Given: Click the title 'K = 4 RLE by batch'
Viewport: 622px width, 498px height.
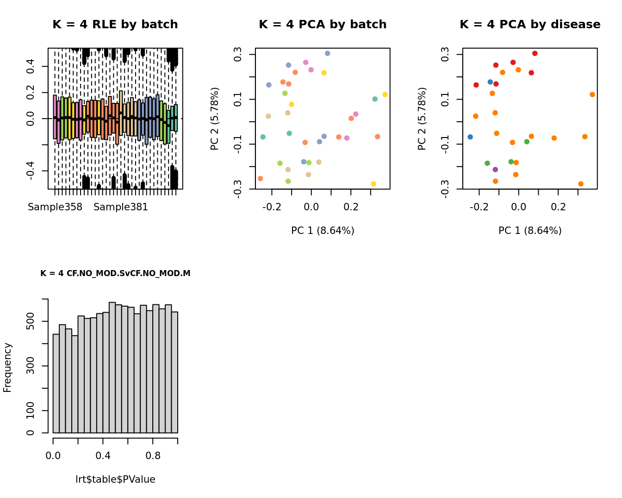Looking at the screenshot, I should [115, 25].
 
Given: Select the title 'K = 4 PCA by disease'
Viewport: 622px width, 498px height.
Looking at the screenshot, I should [530, 25].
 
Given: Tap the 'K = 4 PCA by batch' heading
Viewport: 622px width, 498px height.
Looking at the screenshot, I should [323, 25].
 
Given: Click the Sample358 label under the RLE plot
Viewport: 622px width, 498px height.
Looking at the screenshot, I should [55, 207].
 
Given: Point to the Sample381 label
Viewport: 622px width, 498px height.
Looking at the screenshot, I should [121, 207].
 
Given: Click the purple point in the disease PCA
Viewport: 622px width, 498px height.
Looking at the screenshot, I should [495, 170].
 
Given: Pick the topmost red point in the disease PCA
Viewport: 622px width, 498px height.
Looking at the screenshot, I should [535, 53].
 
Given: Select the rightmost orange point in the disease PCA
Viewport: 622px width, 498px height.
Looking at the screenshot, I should [592, 95].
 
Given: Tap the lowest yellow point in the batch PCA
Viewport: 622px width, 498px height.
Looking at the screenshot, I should [373, 184].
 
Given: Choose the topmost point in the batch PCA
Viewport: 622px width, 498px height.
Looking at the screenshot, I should [327, 53].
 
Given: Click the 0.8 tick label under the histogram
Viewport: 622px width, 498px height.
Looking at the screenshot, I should [153, 455].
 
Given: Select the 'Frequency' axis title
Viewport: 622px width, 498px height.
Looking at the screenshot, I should [7, 367].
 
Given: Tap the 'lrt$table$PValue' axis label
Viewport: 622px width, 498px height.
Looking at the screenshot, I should [115, 479].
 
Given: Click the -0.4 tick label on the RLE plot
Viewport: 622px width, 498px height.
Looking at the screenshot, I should [31, 170].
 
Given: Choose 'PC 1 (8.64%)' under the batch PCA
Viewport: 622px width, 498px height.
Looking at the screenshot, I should [323, 230].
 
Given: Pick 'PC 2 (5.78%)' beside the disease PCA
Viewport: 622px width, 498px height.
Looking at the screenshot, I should [422, 119].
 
